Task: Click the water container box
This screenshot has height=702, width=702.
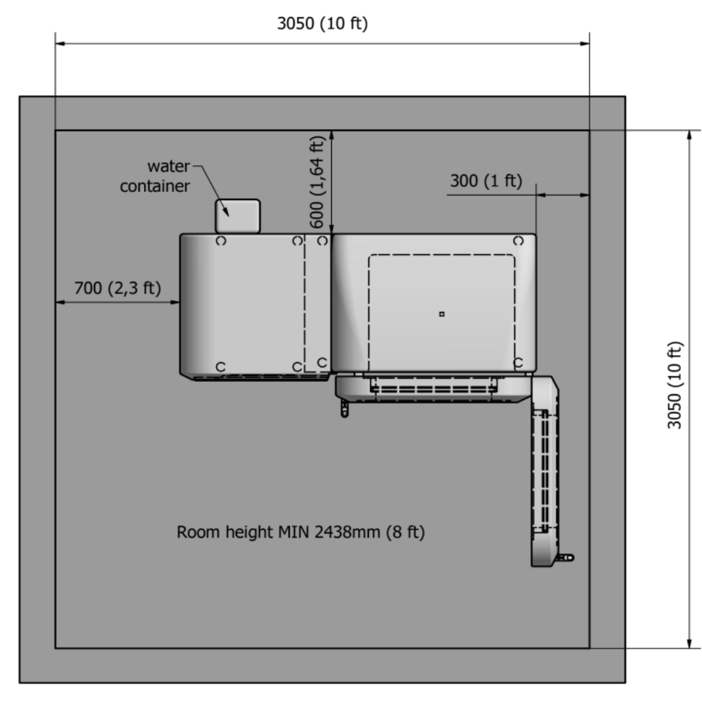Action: [237, 216]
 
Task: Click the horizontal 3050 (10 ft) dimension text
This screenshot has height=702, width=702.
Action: [322, 23]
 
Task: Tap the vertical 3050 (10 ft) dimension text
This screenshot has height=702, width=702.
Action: [675, 385]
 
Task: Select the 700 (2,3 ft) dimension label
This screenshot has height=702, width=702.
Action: [117, 288]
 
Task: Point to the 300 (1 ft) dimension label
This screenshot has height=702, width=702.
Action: [486, 181]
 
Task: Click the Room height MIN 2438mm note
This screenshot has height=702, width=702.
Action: [300, 532]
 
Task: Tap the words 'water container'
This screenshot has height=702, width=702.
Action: [156, 176]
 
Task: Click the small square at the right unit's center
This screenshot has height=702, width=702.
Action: [442, 314]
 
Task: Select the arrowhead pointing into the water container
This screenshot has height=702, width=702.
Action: [226, 212]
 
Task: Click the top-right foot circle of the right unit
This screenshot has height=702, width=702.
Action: [518, 241]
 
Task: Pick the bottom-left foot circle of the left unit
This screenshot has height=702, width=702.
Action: [220, 367]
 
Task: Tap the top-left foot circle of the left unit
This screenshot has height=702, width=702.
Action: [221, 241]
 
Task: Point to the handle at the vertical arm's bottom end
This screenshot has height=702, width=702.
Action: [565, 558]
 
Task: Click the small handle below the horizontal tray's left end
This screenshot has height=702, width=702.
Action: [344, 409]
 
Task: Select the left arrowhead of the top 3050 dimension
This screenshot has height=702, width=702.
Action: [60, 43]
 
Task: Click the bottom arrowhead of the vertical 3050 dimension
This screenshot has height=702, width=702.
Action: [690, 643]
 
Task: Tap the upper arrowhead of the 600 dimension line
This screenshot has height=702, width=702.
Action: [331, 136]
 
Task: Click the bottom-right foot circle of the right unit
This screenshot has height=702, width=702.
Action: [518, 363]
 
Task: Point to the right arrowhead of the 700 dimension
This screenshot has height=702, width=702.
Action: [175, 302]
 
